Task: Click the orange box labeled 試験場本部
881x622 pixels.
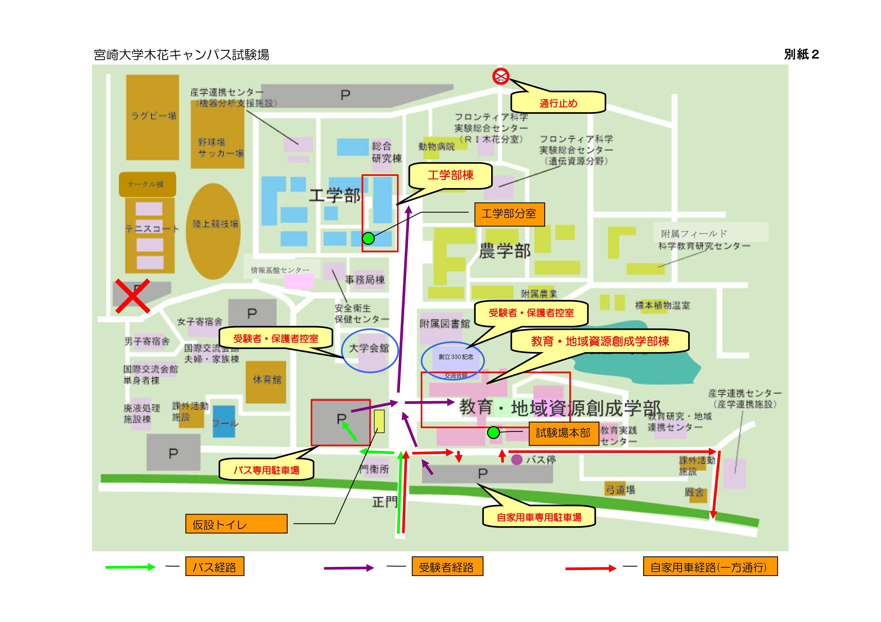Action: click(x=563, y=433)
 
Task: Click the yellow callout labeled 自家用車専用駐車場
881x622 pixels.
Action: click(x=539, y=517)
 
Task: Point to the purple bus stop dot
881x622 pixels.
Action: click(x=517, y=459)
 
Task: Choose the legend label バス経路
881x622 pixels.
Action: click(x=214, y=567)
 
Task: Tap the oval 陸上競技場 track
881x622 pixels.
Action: click(x=213, y=231)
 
